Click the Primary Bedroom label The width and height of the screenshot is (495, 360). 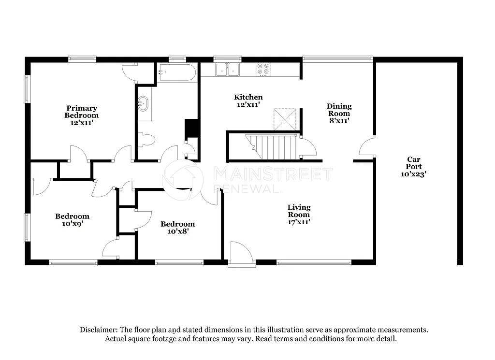point(81,115)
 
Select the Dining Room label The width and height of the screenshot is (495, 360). point(339,113)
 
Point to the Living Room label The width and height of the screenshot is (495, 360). point(299,215)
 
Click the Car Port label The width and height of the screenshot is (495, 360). point(413,166)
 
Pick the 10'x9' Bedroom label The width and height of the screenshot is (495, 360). point(72,220)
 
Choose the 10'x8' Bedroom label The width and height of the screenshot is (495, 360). point(177,227)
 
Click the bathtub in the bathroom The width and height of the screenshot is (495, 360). point(176,73)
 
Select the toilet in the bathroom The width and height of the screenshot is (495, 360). point(146,140)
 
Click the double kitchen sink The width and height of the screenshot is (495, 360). point(228,70)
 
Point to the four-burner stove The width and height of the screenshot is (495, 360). point(263,70)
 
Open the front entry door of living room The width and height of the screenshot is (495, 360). point(241,254)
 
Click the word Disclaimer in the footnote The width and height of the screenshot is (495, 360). point(99,330)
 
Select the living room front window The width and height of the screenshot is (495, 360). point(314,263)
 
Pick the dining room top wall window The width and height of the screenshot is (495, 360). point(338,59)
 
